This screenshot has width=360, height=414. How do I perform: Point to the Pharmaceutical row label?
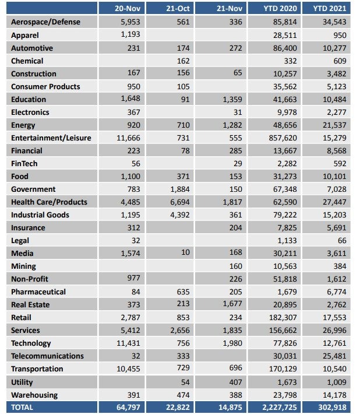click(38, 292)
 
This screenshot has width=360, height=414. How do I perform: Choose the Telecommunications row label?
click(47, 356)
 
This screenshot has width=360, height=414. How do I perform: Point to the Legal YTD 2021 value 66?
click(343, 240)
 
